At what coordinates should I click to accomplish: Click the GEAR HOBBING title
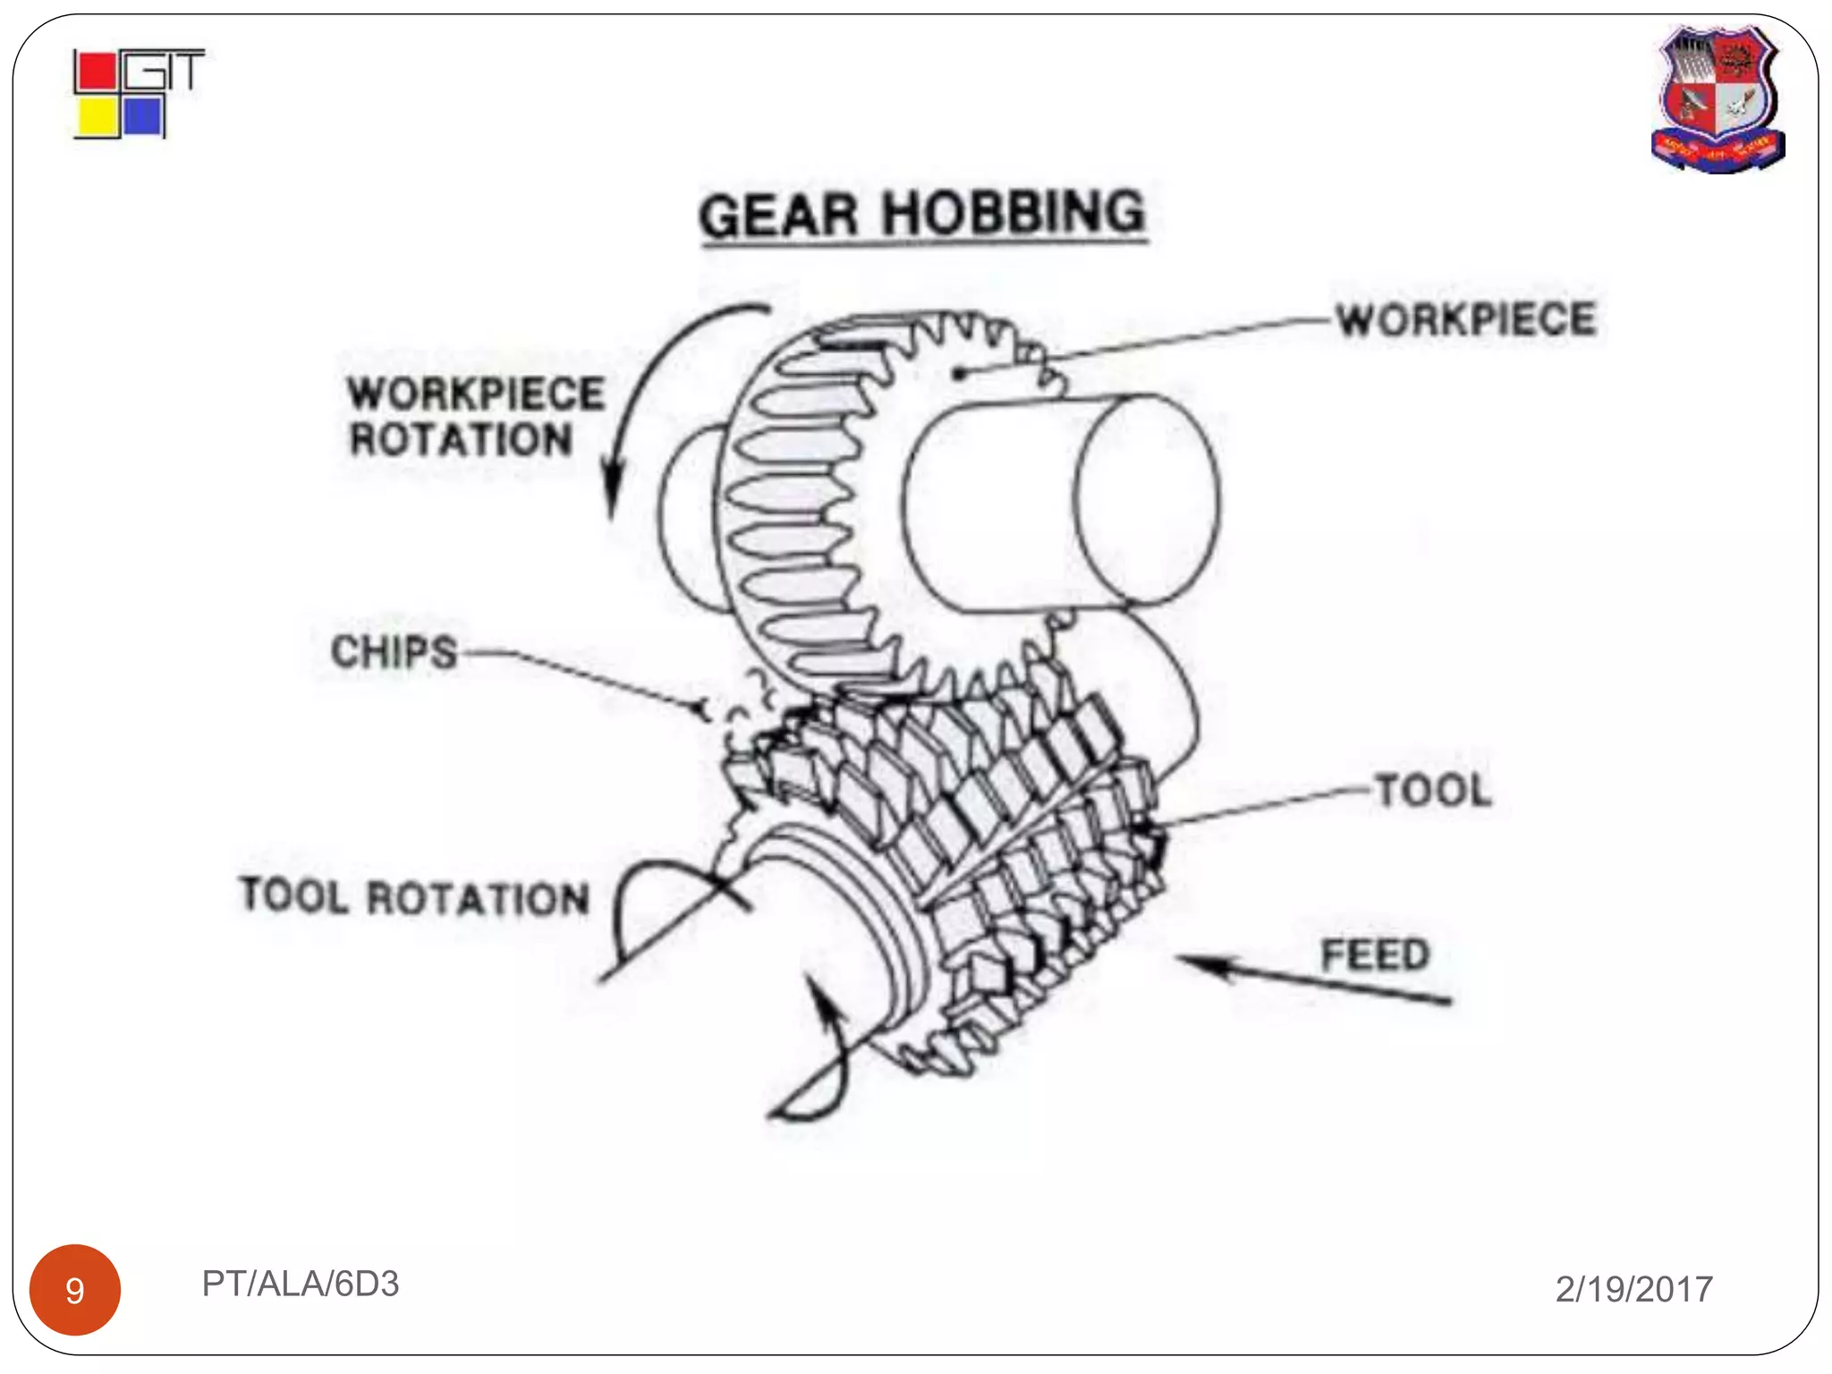tap(922, 215)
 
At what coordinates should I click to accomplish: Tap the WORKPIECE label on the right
tap(1465, 319)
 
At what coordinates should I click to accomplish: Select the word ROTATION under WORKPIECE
tap(461, 440)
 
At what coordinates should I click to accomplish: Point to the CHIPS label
tap(394, 652)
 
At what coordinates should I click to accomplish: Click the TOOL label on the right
tap(1433, 791)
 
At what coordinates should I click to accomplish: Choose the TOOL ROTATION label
tap(415, 897)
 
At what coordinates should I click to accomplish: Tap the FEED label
tap(1375, 954)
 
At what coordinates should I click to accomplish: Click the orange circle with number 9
tap(75, 1289)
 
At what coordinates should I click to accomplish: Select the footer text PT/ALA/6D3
tap(301, 1284)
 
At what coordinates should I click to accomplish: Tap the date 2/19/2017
tap(1633, 1289)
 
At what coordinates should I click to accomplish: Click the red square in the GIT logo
tap(96, 72)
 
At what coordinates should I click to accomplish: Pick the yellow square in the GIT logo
tap(96, 117)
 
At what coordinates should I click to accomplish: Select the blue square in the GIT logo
tap(142, 117)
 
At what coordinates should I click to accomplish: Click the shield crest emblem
tap(1717, 98)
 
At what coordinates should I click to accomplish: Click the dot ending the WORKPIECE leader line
tap(959, 373)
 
